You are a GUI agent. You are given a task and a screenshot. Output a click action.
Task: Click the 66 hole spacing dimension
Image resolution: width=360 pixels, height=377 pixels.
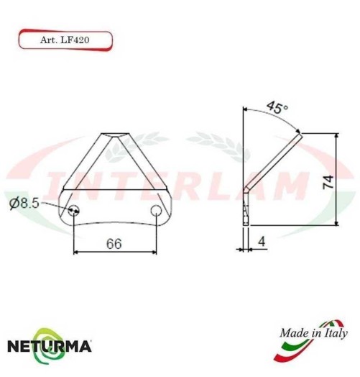tap(114, 243)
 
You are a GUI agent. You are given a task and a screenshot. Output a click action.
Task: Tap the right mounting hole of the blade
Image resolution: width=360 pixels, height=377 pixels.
tap(157, 210)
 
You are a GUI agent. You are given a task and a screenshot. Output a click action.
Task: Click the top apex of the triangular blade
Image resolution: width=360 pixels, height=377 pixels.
tap(116, 135)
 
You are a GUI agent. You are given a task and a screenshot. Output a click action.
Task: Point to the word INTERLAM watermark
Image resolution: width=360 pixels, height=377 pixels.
tap(180, 188)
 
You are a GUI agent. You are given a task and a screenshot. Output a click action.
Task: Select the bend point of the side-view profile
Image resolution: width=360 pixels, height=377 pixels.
tap(246, 191)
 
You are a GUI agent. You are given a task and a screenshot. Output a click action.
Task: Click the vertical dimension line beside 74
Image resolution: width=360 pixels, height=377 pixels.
tap(336, 180)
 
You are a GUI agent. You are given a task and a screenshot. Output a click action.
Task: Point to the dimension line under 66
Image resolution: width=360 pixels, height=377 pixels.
tap(115, 252)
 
